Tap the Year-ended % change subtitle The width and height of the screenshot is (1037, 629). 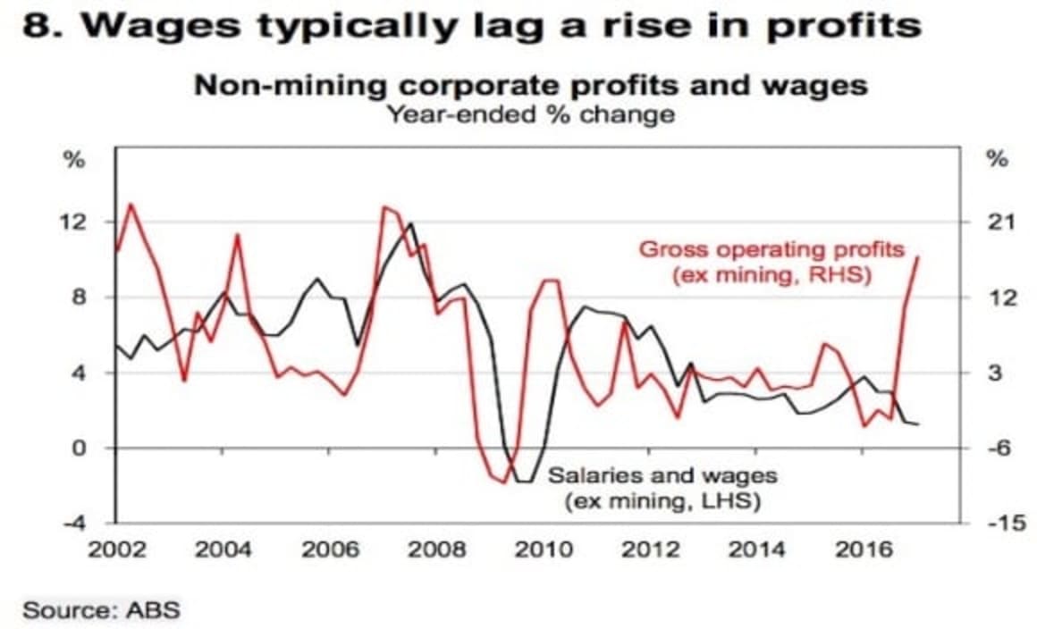click(530, 114)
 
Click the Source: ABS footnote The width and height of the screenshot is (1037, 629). click(101, 611)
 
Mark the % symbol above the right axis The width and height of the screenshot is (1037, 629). click(996, 160)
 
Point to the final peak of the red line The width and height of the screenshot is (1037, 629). click(918, 257)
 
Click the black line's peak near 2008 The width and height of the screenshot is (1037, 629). click(410, 223)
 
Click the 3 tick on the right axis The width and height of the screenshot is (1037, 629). click(996, 373)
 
